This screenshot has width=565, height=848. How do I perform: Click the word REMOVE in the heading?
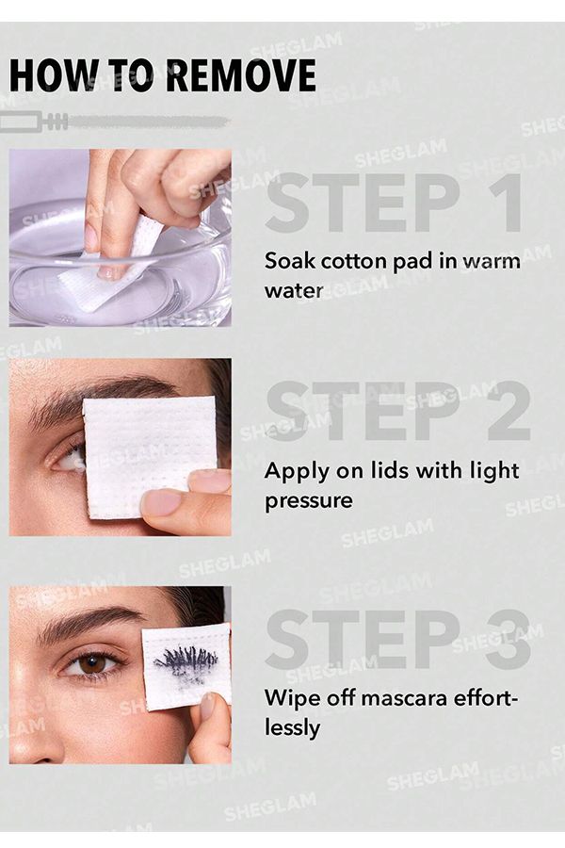click(x=240, y=74)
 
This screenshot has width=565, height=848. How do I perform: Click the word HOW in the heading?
click(x=48, y=74)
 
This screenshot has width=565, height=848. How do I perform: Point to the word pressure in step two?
click(x=308, y=500)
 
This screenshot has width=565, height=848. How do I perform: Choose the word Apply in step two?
click(x=293, y=470)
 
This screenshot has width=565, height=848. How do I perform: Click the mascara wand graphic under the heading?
click(x=113, y=121)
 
